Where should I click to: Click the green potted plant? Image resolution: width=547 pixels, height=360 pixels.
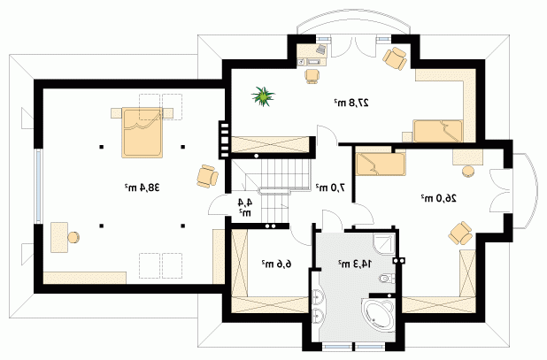(263, 96)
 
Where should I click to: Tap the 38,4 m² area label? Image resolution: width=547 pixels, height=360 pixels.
(142, 188)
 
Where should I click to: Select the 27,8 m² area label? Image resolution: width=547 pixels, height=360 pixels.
(351, 103)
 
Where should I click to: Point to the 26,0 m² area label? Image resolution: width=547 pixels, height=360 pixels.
(438, 198)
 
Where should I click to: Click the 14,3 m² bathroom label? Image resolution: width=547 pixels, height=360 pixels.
(355, 264)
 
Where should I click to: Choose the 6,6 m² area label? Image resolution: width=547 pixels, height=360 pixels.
(276, 264)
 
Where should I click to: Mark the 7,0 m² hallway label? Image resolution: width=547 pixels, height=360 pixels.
(330, 188)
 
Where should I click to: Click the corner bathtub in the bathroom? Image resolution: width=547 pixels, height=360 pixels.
(379, 313)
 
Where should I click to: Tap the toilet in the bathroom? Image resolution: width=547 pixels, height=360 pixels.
(387, 278)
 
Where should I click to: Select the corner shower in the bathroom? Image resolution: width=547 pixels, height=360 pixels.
(384, 244)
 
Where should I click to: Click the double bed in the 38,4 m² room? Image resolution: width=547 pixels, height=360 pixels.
(142, 134)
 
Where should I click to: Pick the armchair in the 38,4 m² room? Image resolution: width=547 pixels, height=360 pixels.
(207, 176)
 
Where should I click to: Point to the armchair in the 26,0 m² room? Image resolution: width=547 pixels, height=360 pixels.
(460, 234)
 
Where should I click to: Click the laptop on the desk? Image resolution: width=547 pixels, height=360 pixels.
(321, 50)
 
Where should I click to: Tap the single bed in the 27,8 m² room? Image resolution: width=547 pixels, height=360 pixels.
(438, 131)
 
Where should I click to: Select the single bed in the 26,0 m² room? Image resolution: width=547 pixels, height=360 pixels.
(381, 164)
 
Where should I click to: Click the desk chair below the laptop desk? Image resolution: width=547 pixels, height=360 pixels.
(312, 76)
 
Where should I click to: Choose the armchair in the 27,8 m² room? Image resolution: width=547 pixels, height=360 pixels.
(395, 58)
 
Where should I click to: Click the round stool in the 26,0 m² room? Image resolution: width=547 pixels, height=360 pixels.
(468, 172)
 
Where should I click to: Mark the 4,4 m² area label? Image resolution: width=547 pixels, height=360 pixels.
(245, 207)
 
